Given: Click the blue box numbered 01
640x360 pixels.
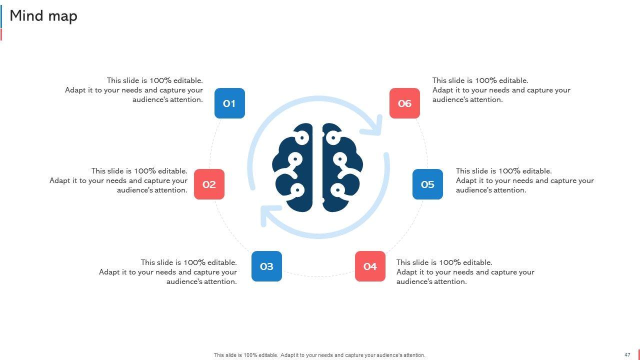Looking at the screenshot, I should [229, 103].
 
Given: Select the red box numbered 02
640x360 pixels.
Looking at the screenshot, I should [209, 184].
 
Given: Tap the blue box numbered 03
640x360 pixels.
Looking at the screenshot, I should [266, 266].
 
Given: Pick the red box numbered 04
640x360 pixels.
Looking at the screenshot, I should [370, 266].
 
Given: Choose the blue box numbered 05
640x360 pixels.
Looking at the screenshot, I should [427, 184].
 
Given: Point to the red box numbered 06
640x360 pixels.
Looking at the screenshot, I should [404, 103].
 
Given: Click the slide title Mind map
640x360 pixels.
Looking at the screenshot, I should [43, 16].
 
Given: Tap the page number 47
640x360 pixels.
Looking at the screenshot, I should [627, 355].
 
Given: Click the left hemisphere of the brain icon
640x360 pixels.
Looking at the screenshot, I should [294, 167].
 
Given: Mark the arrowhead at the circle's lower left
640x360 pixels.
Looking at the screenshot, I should [268, 216].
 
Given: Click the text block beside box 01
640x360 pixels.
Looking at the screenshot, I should [134, 90].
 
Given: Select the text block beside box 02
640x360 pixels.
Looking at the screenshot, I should [119, 180].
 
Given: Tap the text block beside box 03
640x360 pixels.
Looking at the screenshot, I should [168, 272].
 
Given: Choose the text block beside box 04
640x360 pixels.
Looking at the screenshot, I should [465, 272].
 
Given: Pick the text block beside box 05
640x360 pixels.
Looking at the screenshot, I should [524, 180].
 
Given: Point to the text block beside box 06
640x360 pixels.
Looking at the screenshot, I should [501, 90].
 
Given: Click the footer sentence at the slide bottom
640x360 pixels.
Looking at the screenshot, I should [319, 355].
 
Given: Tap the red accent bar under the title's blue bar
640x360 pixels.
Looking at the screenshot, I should [1, 34].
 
